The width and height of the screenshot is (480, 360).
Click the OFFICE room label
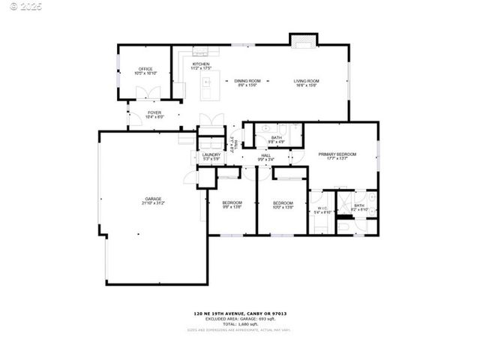pos(145,69)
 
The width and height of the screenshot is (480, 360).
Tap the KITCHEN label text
pos(200,64)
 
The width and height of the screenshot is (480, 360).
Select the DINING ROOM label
pos(247,80)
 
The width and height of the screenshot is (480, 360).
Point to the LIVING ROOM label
pos(306,80)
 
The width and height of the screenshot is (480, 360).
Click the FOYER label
pos(154,112)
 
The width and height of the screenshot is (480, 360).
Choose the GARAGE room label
pos(153,199)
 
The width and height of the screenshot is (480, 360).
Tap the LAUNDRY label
pos(211,154)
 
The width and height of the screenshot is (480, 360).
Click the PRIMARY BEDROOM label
pos(337,154)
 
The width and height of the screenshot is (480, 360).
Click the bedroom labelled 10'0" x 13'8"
pos(283,206)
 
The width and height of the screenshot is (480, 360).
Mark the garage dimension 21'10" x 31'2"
pos(153,203)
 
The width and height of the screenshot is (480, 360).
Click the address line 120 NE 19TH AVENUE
pos(240,313)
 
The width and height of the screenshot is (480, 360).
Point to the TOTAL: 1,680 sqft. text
pos(240,323)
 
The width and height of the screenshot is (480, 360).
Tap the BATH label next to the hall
pos(277,138)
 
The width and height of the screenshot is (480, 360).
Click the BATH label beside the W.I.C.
pos(358,205)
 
